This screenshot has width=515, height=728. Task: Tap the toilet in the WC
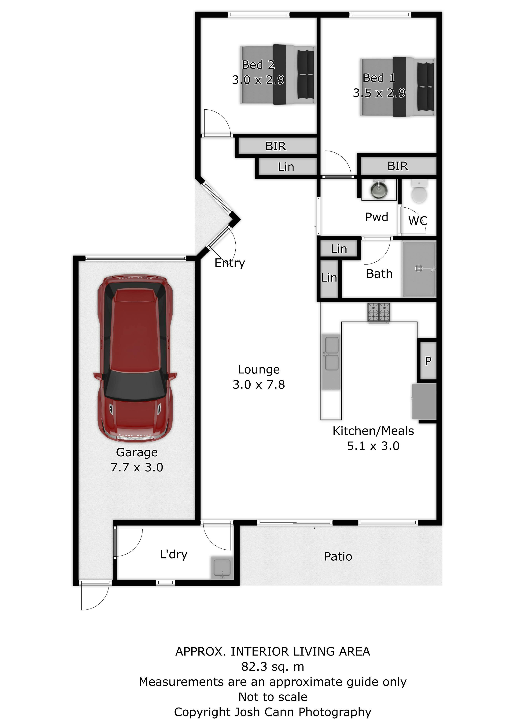[419, 191]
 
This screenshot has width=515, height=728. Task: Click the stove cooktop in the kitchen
[379, 313]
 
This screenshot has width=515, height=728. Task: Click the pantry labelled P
[428, 361]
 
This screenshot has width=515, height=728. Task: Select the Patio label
[338, 556]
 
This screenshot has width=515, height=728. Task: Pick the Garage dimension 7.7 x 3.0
[137, 467]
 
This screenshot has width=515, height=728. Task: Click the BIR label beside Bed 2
[275, 146]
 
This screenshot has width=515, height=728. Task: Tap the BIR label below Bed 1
[398, 166]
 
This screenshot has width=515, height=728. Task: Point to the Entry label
[230, 263]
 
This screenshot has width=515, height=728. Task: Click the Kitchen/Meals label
[373, 431]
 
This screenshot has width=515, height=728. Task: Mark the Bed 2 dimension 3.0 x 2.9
[258, 80]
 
